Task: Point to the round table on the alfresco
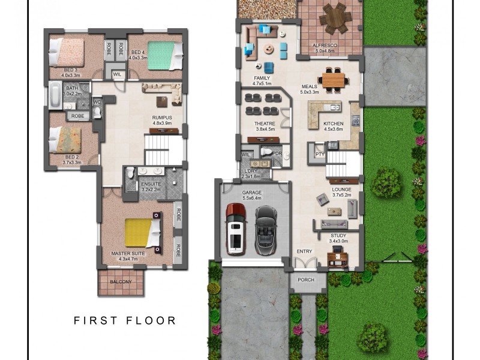click(x=334, y=19)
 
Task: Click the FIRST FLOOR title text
click(x=125, y=320)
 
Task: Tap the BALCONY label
click(x=121, y=281)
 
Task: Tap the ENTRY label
click(x=305, y=251)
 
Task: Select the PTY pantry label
click(x=319, y=154)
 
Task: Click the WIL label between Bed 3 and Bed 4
click(x=117, y=74)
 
